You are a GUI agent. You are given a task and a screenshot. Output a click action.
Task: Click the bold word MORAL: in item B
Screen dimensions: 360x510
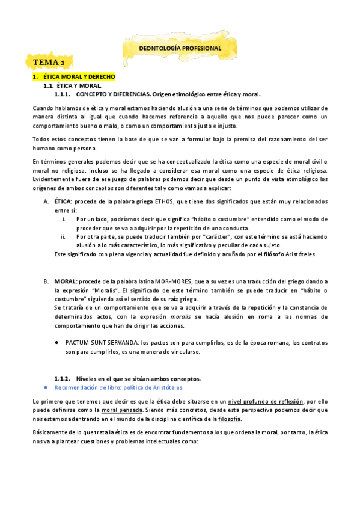65,281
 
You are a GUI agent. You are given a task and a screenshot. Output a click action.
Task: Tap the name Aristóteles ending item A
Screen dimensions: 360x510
299,254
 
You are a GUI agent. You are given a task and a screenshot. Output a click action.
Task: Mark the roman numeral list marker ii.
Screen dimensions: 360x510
63,236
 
